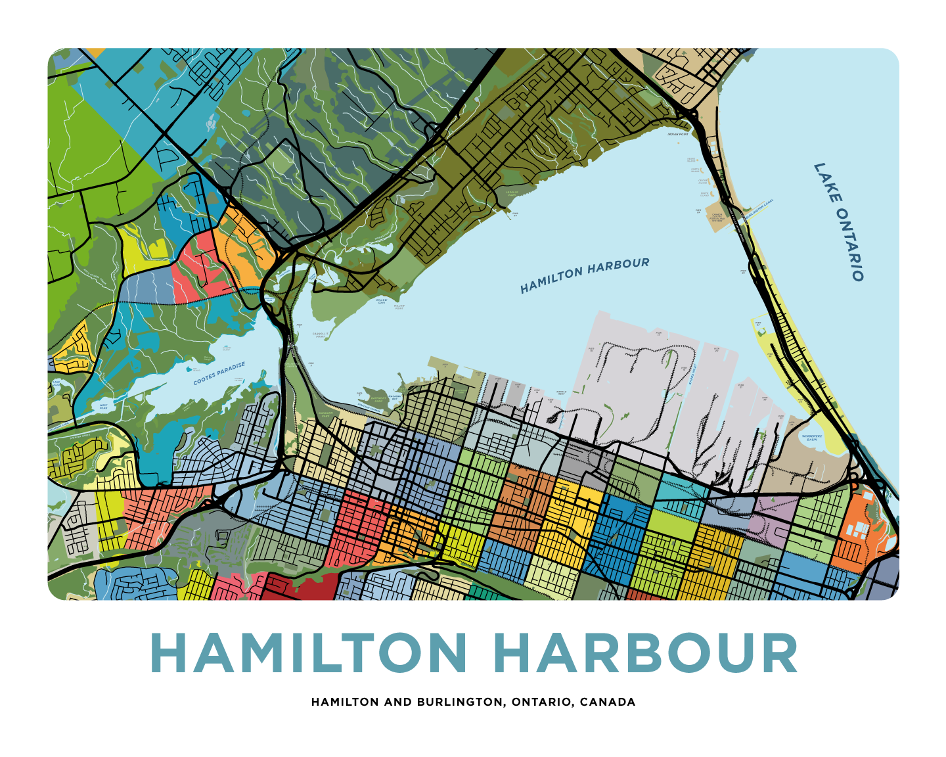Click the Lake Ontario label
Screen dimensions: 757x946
tap(839, 222)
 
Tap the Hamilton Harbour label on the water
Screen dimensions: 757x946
tap(585, 275)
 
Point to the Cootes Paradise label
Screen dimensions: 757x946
tap(219, 373)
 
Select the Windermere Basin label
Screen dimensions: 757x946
tap(812, 438)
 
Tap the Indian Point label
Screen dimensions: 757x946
tap(678, 134)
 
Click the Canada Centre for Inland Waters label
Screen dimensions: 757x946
tap(717, 217)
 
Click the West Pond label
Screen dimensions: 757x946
tap(103, 406)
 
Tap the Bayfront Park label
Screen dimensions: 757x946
tap(378, 399)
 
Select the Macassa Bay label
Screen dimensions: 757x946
tap(394, 398)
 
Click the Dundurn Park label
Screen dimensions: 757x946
tap(325, 415)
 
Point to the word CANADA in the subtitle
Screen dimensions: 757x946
tap(608, 702)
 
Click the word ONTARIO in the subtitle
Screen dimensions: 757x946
tap(542, 702)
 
